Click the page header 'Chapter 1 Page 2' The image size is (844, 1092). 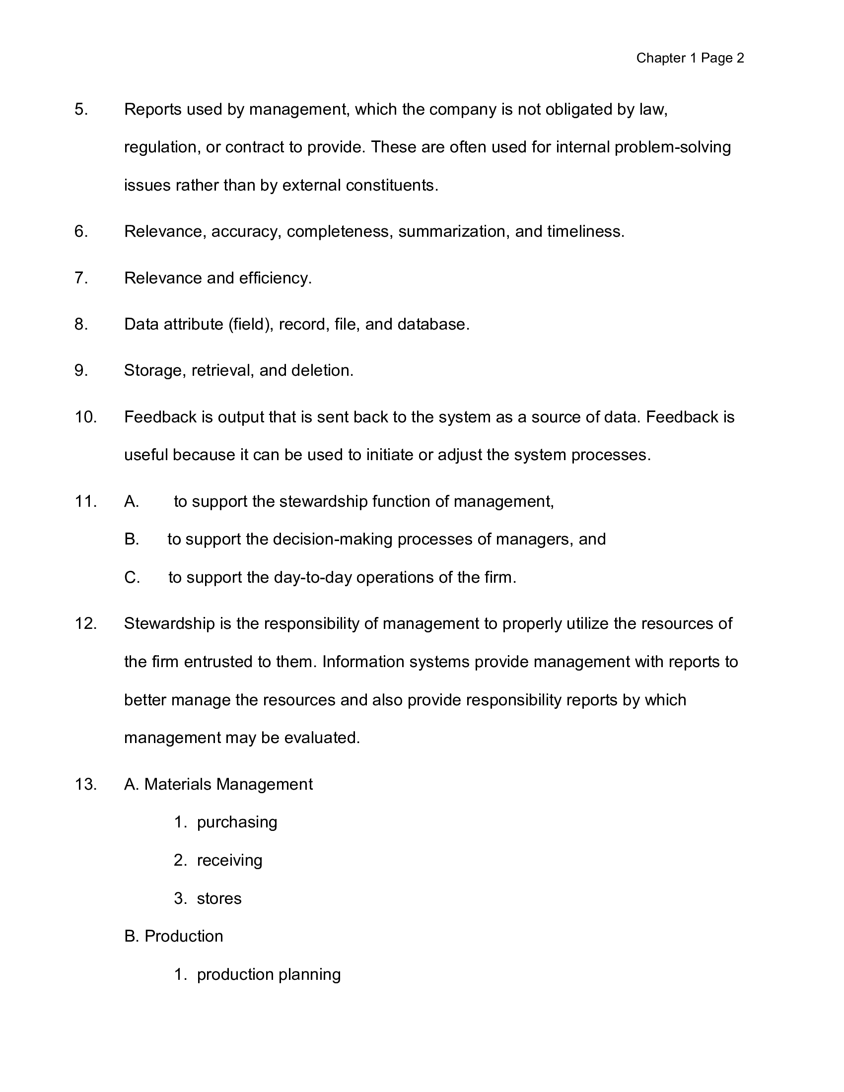coord(690,59)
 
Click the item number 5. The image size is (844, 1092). coord(81,110)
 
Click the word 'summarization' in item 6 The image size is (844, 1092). coord(452,231)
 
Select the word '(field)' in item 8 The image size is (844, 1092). coord(251,325)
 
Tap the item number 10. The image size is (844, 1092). coord(85,417)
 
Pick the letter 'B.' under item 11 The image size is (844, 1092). coord(132,540)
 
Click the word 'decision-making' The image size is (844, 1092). coord(333,540)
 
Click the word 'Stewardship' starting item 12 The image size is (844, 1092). coord(169,624)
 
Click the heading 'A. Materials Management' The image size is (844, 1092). coord(218,784)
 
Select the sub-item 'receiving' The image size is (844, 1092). coord(229,861)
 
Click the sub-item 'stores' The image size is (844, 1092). coord(219,898)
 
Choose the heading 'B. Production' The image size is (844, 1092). coord(173,937)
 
